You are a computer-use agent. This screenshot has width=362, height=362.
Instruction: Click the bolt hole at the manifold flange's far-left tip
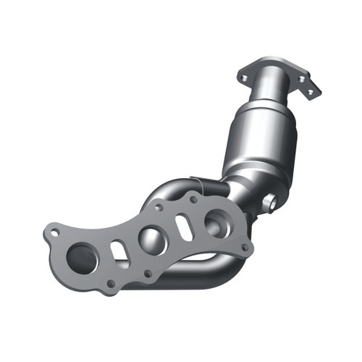53,232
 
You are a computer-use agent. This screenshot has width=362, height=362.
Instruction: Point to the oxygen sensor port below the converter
269,203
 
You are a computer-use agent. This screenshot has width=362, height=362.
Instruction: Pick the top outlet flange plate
282,72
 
